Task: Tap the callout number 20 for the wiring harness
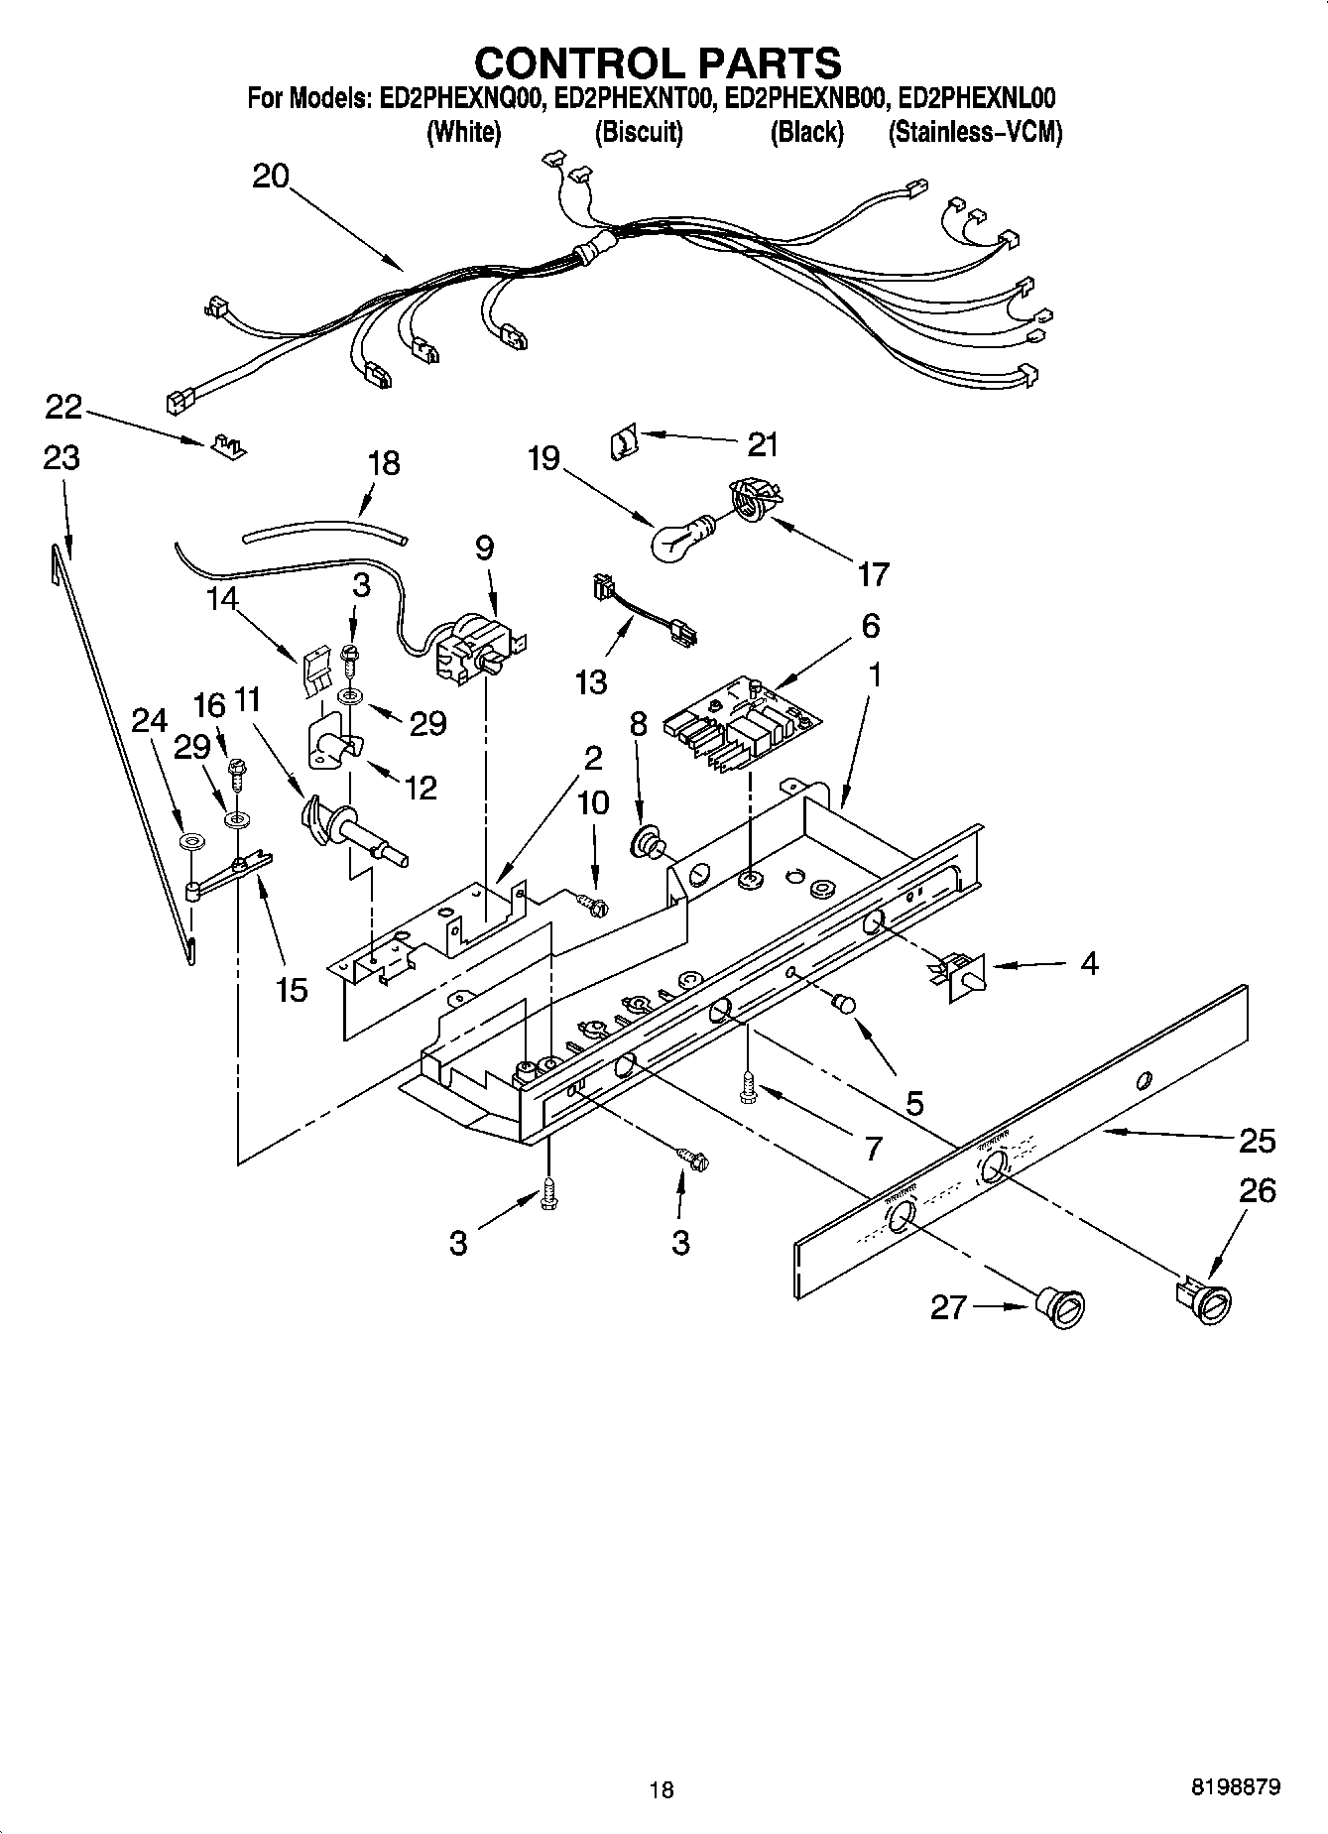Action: [270, 177]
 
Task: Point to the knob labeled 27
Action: [1060, 1306]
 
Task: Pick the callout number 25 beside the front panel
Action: [1257, 1141]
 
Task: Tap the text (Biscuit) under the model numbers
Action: [638, 133]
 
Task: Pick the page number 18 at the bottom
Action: [661, 1789]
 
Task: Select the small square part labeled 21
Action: [621, 442]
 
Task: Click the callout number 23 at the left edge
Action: [61, 458]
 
